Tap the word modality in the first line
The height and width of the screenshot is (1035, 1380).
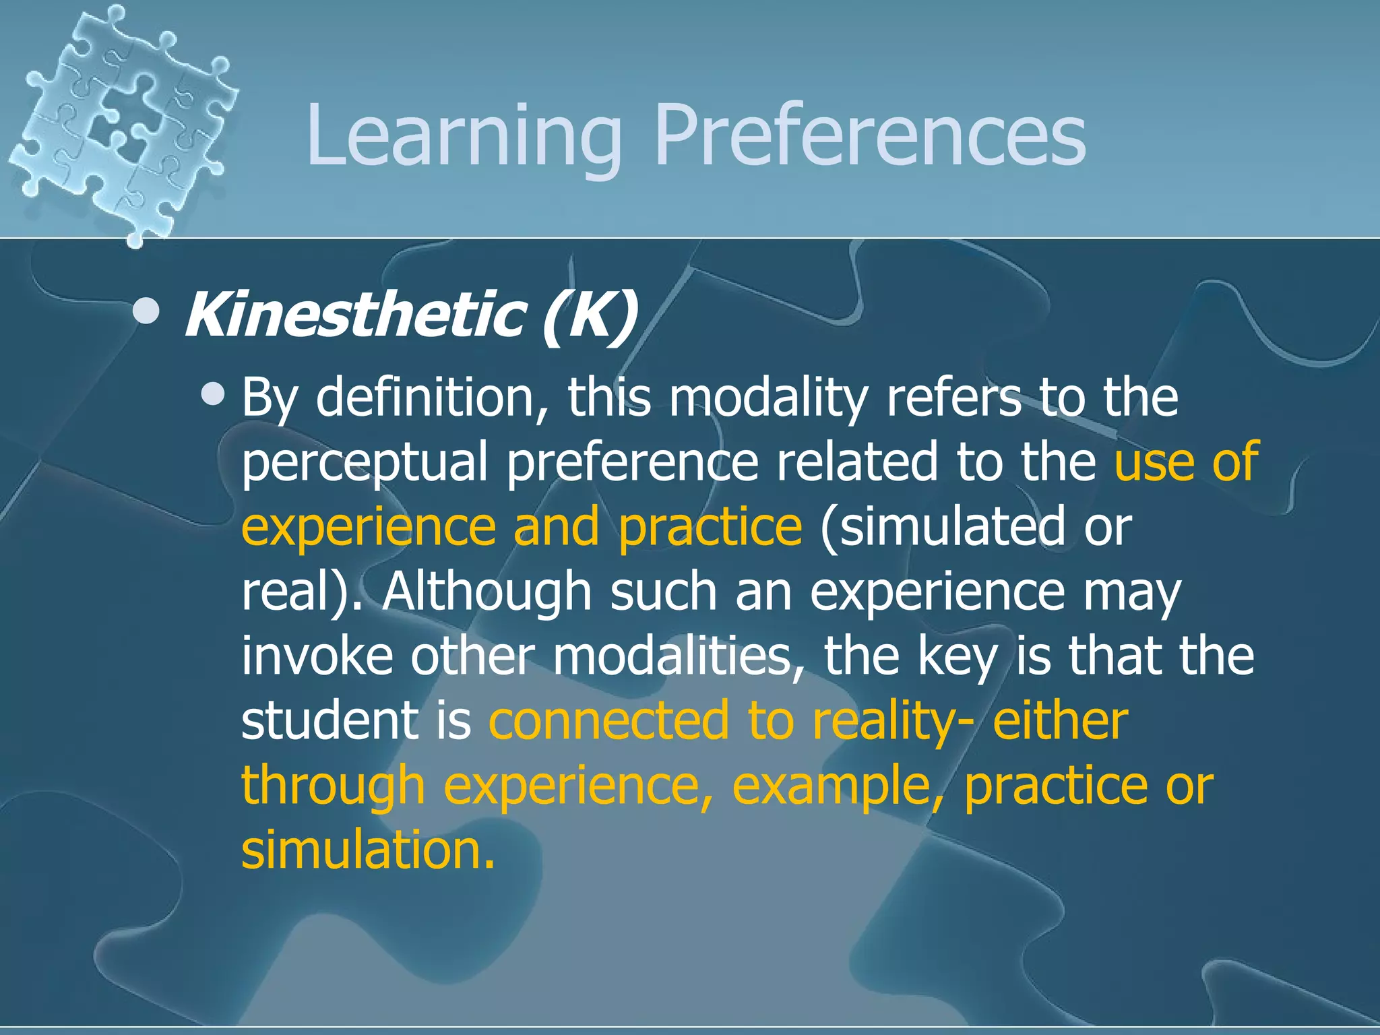(767, 398)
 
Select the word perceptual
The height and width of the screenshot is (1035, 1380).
(364, 462)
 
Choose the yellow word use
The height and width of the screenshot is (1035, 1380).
(1153, 462)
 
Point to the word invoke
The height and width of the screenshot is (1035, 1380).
(317, 656)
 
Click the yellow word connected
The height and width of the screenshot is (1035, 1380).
(608, 720)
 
